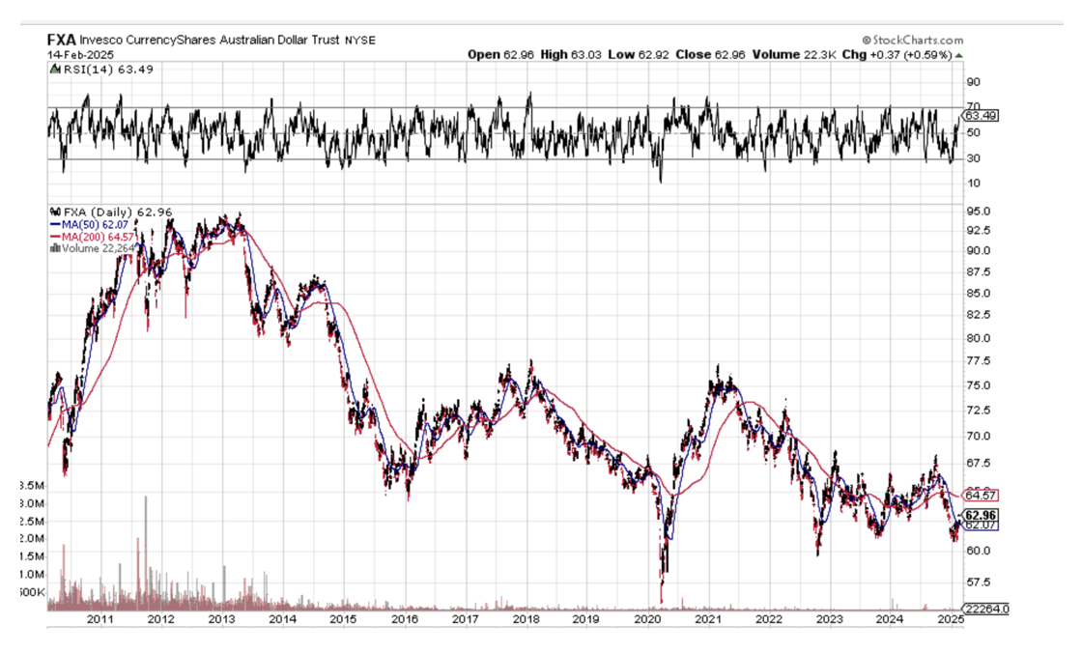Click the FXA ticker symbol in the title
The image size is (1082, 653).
point(62,40)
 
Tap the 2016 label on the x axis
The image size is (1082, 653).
point(405,619)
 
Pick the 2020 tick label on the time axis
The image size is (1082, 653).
point(647,619)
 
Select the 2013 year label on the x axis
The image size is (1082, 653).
point(222,619)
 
